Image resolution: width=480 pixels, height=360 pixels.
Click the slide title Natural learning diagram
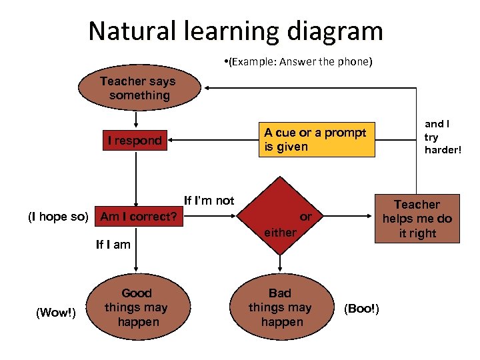coord(235,31)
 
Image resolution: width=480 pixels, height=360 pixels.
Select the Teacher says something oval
coord(139,89)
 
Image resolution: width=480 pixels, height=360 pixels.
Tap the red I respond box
coord(135,140)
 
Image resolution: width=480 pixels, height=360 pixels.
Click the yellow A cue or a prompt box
coord(315,139)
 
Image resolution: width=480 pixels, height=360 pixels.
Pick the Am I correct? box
coord(138,217)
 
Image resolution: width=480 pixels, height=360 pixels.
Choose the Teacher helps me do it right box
coord(417,219)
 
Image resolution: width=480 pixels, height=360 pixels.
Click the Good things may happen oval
coord(137,307)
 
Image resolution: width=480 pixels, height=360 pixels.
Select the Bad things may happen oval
coord(281,307)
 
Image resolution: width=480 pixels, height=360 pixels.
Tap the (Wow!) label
coord(56,312)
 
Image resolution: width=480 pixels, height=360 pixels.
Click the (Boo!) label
coord(361,308)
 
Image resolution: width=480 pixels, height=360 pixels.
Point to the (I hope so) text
coord(58,217)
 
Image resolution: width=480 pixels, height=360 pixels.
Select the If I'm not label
coord(209,201)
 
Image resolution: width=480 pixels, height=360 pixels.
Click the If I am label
coord(113,245)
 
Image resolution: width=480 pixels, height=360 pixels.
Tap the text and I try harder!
coord(441,136)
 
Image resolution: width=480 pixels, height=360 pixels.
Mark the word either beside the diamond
coord(280,232)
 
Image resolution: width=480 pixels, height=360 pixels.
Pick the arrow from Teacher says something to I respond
coord(136,119)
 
